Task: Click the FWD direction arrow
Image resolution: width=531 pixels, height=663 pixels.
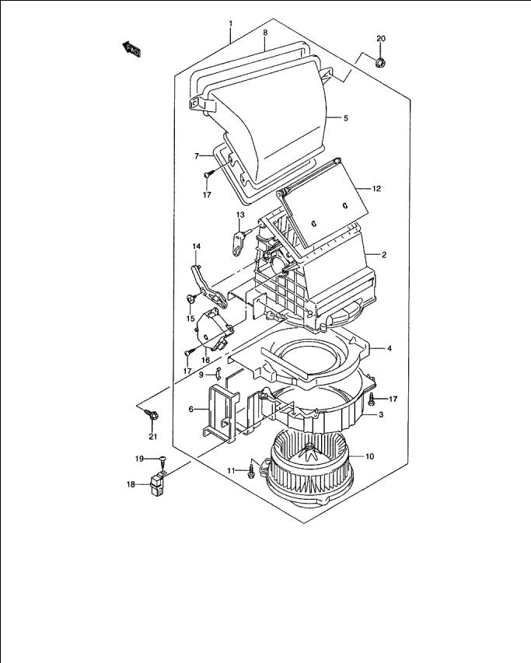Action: [131, 49]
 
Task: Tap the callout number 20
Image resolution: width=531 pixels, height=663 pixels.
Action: [381, 39]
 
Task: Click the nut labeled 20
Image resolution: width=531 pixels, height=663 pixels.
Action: [381, 63]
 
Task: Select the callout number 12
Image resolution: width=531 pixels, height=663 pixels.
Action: [376, 189]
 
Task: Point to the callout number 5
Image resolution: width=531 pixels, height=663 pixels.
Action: [346, 118]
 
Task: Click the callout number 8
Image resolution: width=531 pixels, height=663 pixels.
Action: [265, 32]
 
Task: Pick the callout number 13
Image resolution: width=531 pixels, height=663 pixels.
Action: [240, 215]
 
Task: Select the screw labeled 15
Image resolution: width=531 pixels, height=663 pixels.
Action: [191, 298]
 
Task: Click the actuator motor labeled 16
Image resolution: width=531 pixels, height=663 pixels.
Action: [213, 330]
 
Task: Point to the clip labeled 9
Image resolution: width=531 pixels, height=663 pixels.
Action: [218, 373]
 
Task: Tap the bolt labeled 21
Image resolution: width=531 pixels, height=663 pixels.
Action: [152, 414]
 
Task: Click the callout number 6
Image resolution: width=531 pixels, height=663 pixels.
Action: [191, 410]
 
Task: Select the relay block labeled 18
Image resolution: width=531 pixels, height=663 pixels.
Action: [157, 483]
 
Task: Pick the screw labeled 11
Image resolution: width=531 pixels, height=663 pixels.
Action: [253, 469]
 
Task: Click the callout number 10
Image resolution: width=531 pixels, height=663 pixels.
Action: [369, 457]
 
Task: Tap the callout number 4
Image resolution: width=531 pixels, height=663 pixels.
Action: [390, 348]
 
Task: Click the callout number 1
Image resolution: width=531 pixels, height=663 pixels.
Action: [230, 23]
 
